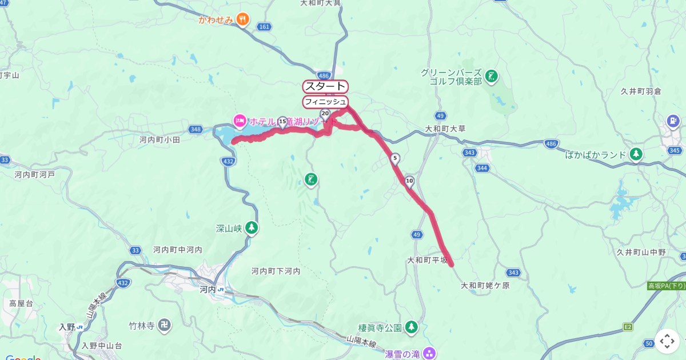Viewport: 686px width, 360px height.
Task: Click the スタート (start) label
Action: tap(325, 87)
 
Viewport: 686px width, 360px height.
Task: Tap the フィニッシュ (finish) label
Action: tap(325, 102)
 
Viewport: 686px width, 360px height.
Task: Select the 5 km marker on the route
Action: tap(395, 158)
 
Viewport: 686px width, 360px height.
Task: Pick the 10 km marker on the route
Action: tap(409, 181)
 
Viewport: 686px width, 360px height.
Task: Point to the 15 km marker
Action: tap(282, 121)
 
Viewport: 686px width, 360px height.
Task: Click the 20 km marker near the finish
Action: tap(325, 114)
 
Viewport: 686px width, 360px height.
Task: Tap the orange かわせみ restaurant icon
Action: tap(244, 20)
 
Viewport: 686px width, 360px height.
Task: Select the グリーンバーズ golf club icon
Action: tap(491, 75)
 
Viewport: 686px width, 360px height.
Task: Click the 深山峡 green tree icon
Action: tap(251, 228)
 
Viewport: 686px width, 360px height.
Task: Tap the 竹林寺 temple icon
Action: tap(164, 326)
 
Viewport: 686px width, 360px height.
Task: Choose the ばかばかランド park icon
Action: tap(635, 154)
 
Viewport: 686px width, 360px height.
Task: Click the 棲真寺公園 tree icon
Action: tap(411, 327)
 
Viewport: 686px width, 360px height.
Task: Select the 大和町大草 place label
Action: tap(445, 129)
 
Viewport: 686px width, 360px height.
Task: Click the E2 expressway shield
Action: tap(628, 327)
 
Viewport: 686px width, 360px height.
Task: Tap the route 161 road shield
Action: tap(264, 26)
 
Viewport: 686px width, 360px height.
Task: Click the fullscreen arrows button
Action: tap(667, 341)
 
